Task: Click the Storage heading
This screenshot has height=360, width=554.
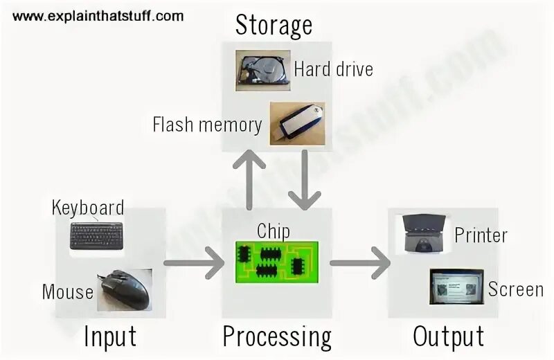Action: (x=274, y=25)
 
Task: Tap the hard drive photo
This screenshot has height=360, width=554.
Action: (x=262, y=71)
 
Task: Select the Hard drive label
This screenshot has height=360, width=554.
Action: (x=333, y=69)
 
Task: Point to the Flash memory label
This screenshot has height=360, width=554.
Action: (x=207, y=125)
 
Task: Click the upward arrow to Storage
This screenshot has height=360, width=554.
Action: (x=247, y=181)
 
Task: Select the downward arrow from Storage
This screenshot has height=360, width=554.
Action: (x=303, y=181)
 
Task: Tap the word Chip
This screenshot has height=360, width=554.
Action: (x=273, y=231)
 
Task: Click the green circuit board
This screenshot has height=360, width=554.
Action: (x=276, y=261)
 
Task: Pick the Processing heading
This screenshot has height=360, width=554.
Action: (x=277, y=337)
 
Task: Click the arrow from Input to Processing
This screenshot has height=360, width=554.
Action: (x=194, y=263)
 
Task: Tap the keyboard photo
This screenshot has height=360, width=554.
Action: (x=97, y=236)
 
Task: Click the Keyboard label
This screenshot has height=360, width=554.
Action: (x=88, y=207)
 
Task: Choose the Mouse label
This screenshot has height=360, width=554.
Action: (x=68, y=291)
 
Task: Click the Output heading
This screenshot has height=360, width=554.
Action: (x=448, y=337)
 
